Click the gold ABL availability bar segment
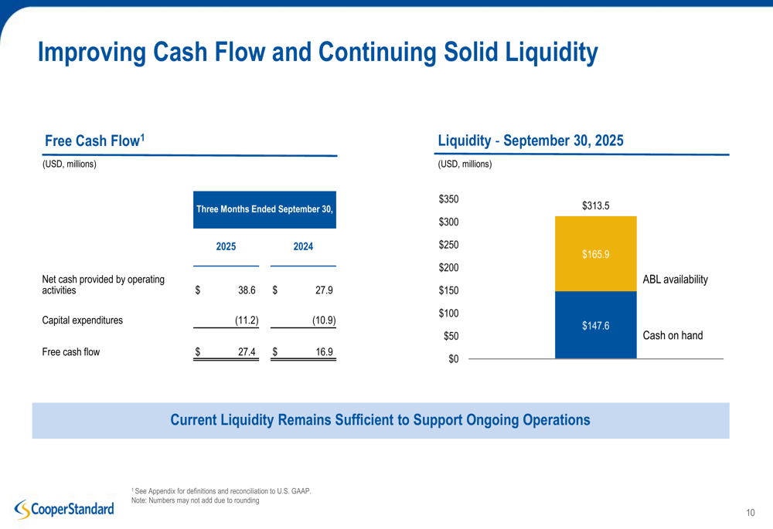(x=595, y=253)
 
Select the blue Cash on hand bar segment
(x=595, y=325)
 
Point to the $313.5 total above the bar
(x=595, y=205)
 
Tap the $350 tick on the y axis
(x=448, y=199)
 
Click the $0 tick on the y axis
(x=453, y=359)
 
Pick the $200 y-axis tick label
(x=448, y=268)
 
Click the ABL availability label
(x=675, y=280)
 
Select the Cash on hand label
(x=673, y=335)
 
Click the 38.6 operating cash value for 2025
(x=247, y=290)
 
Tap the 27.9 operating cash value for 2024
(x=325, y=290)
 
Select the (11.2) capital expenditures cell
(x=247, y=320)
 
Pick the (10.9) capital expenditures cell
(x=323, y=320)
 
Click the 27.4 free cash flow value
(x=247, y=352)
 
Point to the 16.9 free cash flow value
(x=325, y=352)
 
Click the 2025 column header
(x=226, y=246)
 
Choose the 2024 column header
(x=303, y=246)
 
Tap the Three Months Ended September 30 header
(x=264, y=209)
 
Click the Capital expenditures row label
(x=82, y=320)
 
